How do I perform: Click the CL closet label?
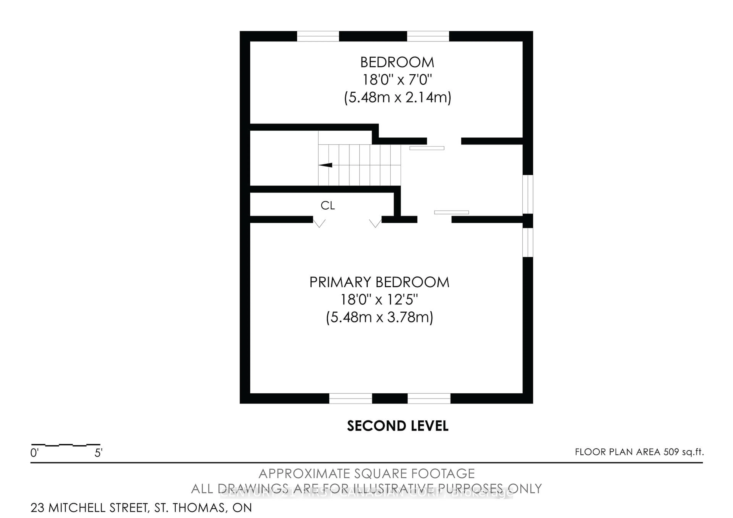pos(328,206)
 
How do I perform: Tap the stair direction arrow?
pos(326,165)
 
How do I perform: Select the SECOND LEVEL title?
pos(397,426)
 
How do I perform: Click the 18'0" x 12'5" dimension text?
pos(379,300)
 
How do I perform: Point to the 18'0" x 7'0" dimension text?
pos(397,79)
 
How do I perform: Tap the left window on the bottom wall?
pos(350,398)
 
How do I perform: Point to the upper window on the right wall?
pos(528,194)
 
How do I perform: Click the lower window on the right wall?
pos(528,242)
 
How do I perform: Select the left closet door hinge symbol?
pos(319,223)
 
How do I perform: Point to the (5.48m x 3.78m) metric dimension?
pos(379,318)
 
